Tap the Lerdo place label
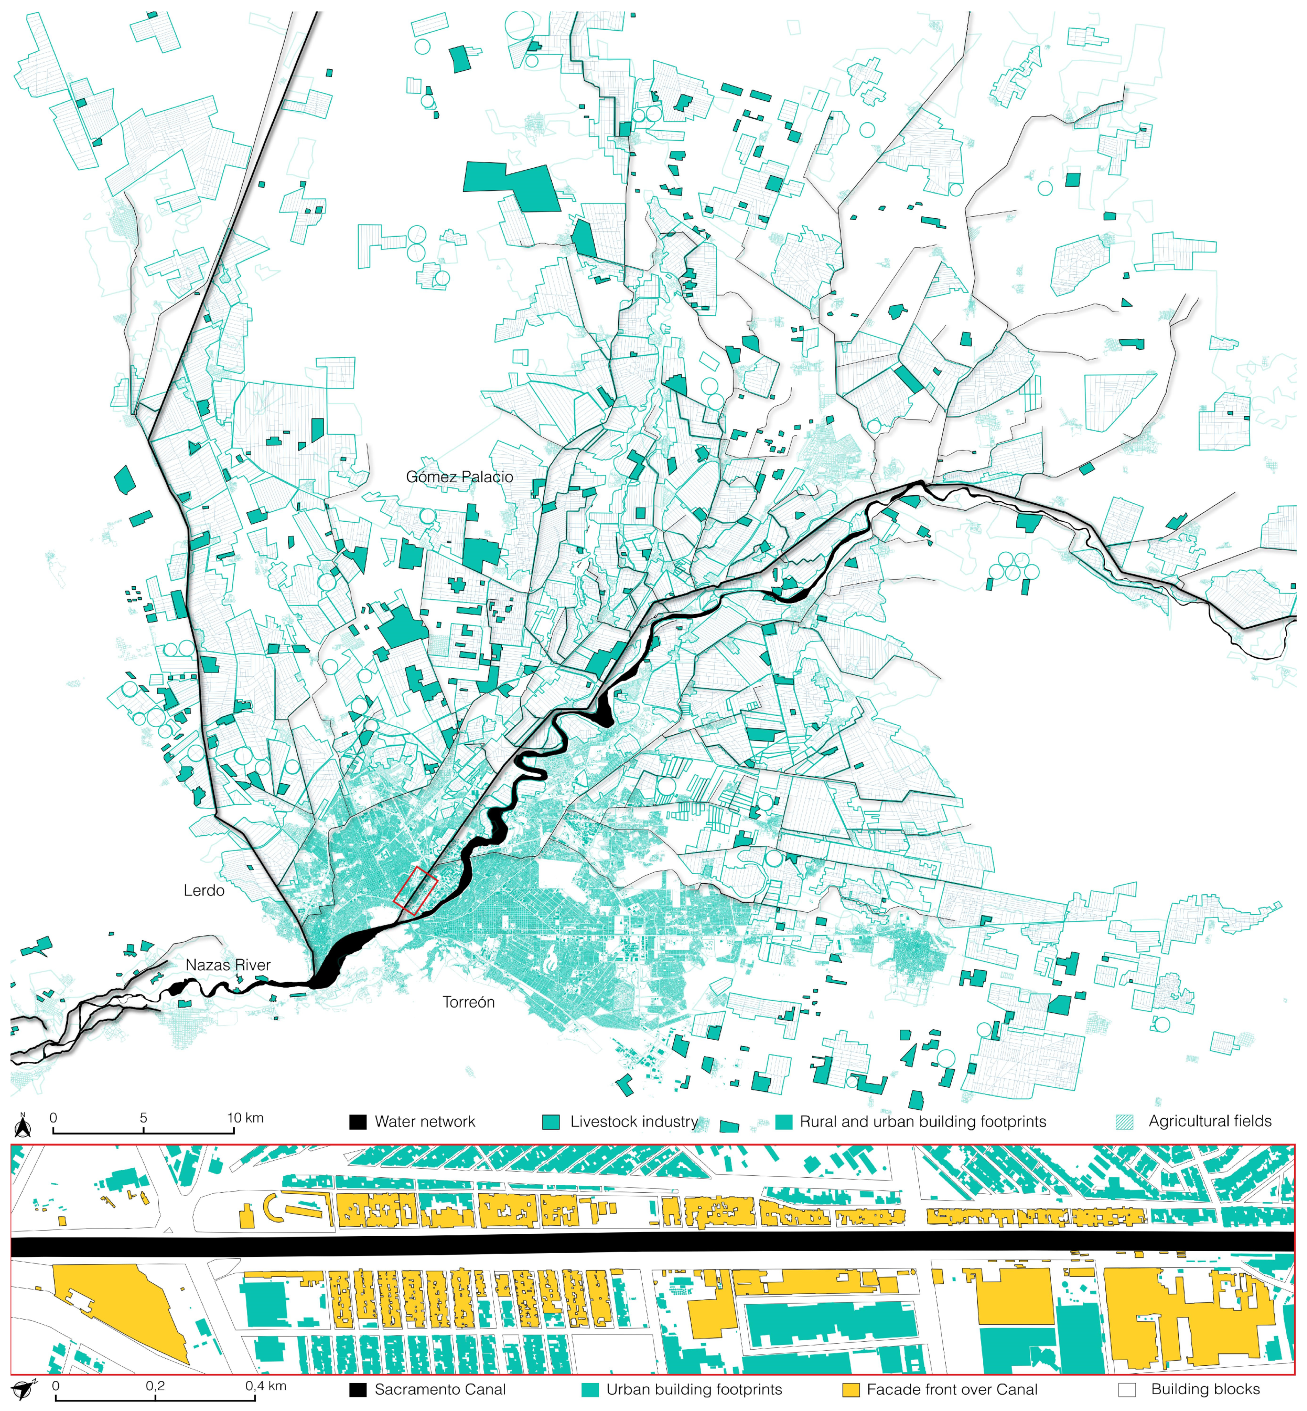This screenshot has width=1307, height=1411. pos(204,890)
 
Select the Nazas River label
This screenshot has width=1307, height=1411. pos(228,965)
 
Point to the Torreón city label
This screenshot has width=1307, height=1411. pos(468,1002)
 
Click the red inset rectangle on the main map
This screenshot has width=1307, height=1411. pos(415,890)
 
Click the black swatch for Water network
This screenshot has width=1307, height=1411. pos(358,1122)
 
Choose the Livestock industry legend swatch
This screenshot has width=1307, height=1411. pos(550,1122)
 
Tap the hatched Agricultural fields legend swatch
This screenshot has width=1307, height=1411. pos(1124,1122)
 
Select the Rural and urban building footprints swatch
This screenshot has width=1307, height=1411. pos(783,1122)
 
